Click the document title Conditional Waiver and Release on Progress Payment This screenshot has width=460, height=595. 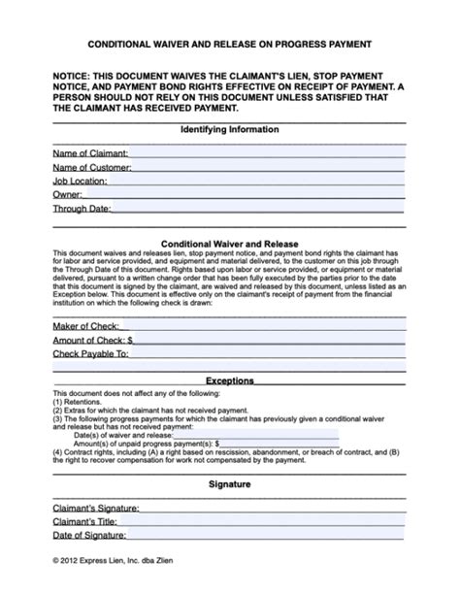[x=229, y=45]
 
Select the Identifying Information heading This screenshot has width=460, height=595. [x=229, y=129]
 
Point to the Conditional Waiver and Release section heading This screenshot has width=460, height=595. [x=229, y=244]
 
